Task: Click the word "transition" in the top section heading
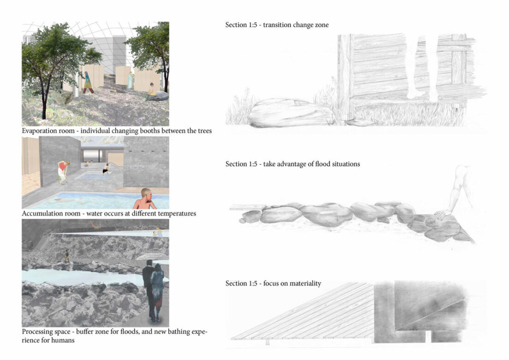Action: click(276, 25)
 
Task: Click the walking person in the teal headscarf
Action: click(88, 83)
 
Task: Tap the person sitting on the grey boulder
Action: click(151, 90)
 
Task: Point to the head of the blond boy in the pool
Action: click(146, 195)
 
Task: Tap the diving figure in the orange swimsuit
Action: click(94, 224)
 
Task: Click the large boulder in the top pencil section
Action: click(291, 113)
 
